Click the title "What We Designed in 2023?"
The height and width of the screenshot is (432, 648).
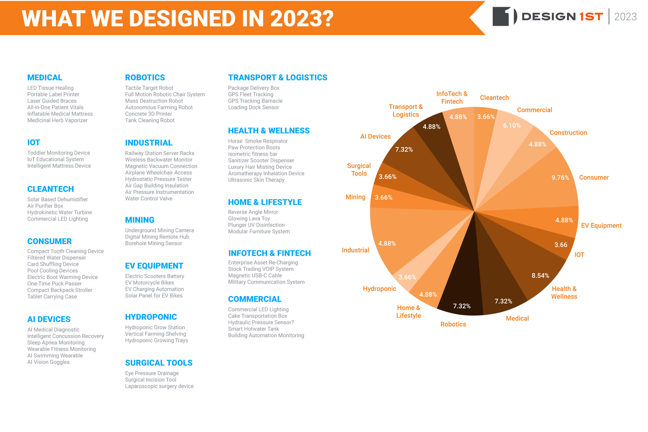[178, 19]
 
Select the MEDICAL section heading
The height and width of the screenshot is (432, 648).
[45, 78]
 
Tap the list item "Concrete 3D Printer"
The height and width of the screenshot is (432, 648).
[148, 114]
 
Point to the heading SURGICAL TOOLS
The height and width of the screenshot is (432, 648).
[159, 363]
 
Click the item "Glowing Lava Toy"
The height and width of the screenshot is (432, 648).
[249, 218]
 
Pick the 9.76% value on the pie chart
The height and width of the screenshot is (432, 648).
[560, 178]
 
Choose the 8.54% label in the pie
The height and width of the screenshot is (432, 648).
[540, 275]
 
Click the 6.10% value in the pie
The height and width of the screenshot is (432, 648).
[512, 126]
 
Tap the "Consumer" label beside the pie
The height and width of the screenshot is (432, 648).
[594, 177]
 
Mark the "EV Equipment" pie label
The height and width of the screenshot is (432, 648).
[601, 226]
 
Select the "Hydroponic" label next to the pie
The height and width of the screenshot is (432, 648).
[379, 289]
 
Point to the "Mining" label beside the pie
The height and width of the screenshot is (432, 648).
[355, 197]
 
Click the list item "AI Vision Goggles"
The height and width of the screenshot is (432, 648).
[49, 362]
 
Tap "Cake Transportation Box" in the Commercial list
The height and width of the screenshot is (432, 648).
[257, 316]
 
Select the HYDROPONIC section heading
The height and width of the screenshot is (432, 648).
[151, 317]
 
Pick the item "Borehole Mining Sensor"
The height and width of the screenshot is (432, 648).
[153, 243]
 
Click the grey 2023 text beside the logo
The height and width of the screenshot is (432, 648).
[625, 17]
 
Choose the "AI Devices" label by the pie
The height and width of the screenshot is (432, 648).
[375, 136]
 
